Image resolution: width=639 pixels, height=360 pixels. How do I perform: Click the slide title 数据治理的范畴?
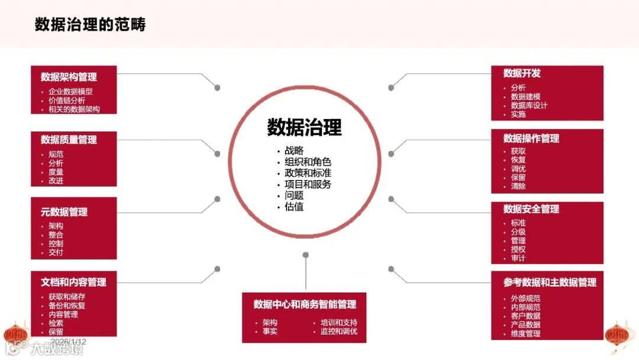90,24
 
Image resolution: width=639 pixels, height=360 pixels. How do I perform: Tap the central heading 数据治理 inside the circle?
304,127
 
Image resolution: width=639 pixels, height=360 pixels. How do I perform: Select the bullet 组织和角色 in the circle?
308,162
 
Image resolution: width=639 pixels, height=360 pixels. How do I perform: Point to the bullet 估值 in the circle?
294,207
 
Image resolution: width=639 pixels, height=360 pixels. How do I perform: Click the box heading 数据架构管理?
69,77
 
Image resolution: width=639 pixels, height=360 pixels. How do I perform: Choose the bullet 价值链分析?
67,101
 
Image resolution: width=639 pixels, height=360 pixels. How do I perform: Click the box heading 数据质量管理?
69,140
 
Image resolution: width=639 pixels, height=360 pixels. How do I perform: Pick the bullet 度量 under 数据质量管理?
56,172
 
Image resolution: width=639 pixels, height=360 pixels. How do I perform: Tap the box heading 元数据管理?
64,212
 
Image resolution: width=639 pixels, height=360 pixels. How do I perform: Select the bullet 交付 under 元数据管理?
56,252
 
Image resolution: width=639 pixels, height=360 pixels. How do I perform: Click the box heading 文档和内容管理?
73,282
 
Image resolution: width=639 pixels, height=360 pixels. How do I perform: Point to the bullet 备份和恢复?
67,306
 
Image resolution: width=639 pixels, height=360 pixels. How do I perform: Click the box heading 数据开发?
522,73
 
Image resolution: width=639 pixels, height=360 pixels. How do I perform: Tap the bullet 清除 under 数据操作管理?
518,186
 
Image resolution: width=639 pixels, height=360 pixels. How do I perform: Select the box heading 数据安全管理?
531,209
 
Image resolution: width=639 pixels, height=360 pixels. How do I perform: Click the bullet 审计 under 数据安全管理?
518,258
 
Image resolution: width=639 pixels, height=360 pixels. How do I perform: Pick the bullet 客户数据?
525,316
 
